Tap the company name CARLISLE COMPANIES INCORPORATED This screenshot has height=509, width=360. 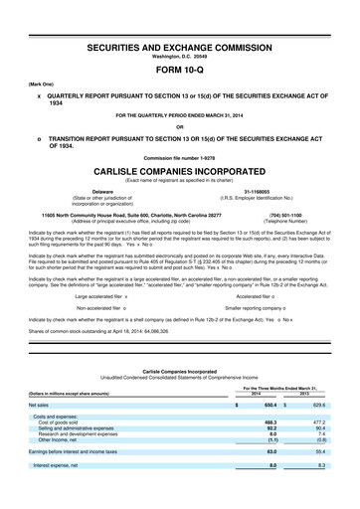[180, 169]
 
